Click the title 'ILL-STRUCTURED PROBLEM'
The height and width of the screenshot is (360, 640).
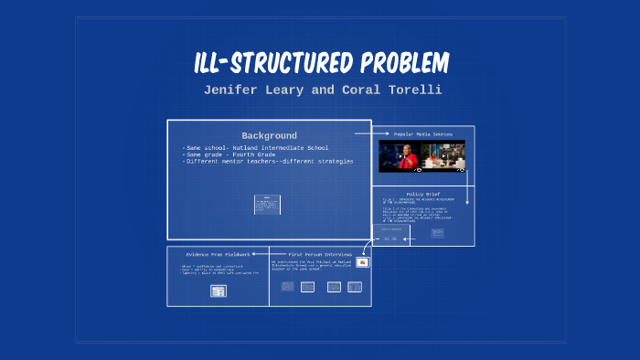tap(320, 63)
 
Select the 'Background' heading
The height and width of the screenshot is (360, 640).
tap(269, 135)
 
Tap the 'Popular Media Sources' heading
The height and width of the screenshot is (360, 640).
tap(422, 133)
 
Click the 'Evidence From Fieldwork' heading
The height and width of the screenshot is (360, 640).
tap(218, 254)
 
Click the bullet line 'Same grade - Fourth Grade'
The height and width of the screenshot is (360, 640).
tap(224, 154)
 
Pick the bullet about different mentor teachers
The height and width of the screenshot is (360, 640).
tap(268, 161)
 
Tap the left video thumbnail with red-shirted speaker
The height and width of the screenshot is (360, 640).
tap(401, 155)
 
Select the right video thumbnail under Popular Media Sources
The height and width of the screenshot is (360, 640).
tap(445, 155)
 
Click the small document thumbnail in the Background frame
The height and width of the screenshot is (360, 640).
tap(267, 204)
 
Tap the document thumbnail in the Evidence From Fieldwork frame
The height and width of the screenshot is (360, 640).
tap(218, 291)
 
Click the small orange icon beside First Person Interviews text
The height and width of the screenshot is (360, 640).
tap(363, 262)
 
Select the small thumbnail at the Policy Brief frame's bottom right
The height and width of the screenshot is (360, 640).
tap(436, 233)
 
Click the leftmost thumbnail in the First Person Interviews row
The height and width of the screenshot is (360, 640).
tap(287, 287)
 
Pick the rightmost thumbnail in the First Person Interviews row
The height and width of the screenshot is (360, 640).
tap(355, 287)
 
